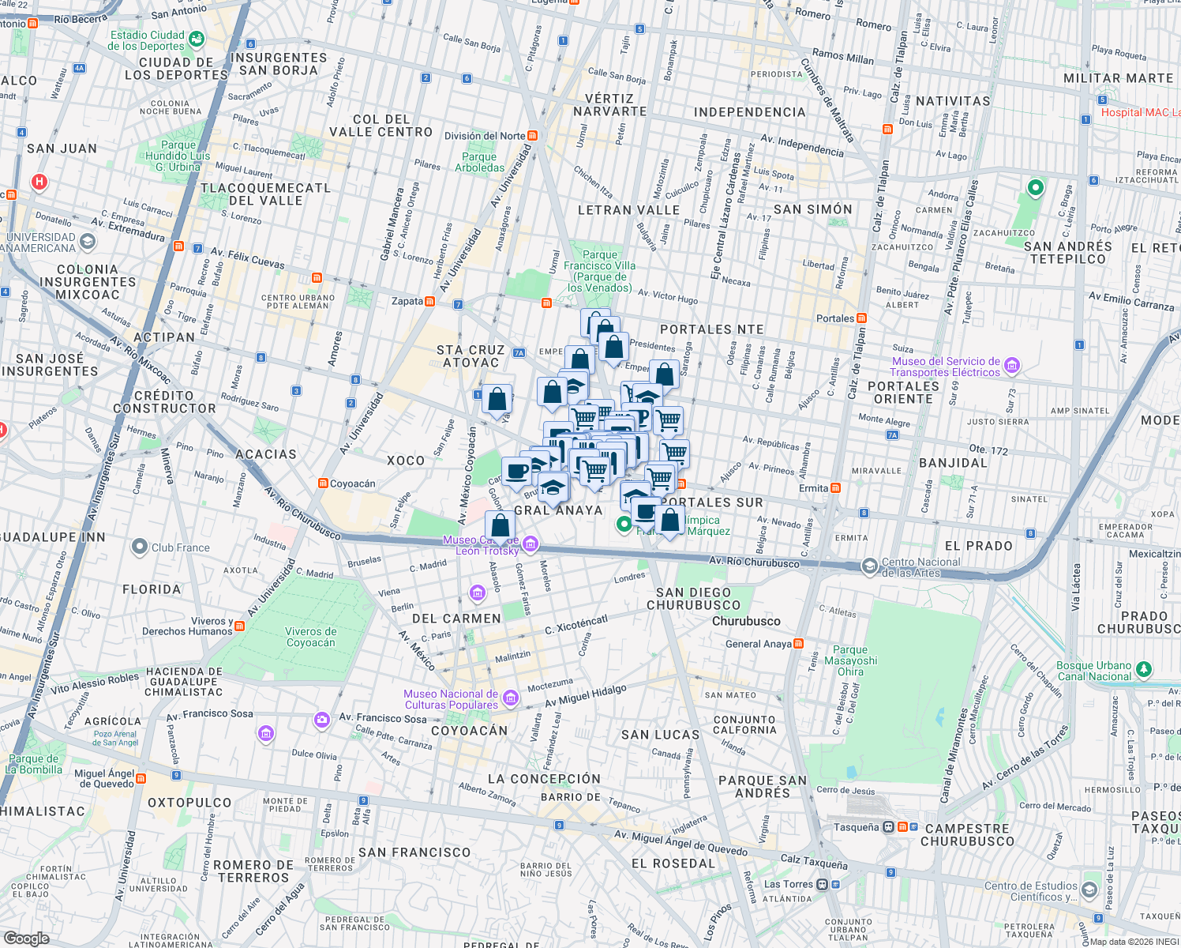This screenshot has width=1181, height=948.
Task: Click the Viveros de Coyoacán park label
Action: [311, 637]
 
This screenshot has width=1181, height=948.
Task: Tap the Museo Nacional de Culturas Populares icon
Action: [511, 698]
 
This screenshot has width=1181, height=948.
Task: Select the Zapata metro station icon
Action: [429, 301]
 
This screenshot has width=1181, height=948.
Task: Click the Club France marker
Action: [140, 547]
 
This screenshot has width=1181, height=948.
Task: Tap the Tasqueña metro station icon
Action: [889, 827]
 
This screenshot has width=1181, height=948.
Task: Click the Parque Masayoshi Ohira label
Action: [850, 660]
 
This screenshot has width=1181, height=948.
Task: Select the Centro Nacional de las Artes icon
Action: [869, 566]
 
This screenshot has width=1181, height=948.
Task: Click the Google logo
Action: [27, 938]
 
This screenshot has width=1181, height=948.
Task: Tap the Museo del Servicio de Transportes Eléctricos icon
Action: [1012, 365]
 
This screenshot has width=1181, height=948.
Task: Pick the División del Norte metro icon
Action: [533, 136]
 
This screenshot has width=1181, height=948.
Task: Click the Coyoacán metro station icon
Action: [323, 483]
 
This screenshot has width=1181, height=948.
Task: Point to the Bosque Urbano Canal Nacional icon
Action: [1144, 670]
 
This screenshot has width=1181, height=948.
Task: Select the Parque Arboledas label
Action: [479, 162]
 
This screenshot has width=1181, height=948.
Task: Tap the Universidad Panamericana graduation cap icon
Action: [88, 242]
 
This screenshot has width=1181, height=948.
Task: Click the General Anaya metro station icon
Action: [799, 644]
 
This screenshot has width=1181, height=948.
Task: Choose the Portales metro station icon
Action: [861, 318]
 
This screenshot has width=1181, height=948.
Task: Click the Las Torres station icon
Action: [823, 884]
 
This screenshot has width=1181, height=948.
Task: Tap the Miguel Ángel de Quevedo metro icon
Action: [141, 779]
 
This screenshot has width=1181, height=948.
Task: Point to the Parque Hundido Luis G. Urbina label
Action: [178, 156]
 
